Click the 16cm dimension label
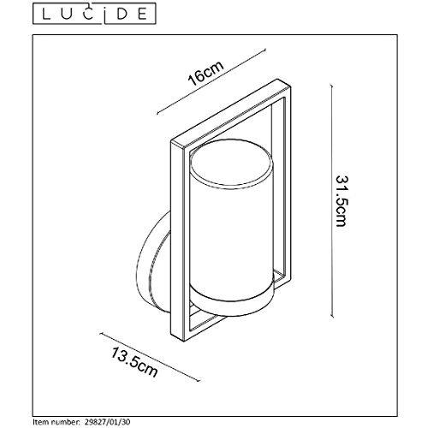(x=205, y=74)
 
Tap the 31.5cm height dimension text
(x=341, y=201)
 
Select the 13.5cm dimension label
(x=134, y=362)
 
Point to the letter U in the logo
(x=68, y=15)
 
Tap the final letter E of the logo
(x=143, y=15)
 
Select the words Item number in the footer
(x=56, y=421)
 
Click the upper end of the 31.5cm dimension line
(x=331, y=85)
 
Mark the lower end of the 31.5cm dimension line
(x=331, y=317)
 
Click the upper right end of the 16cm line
(x=265, y=50)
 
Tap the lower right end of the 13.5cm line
(x=199, y=381)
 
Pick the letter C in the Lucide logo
(x=90, y=15)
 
